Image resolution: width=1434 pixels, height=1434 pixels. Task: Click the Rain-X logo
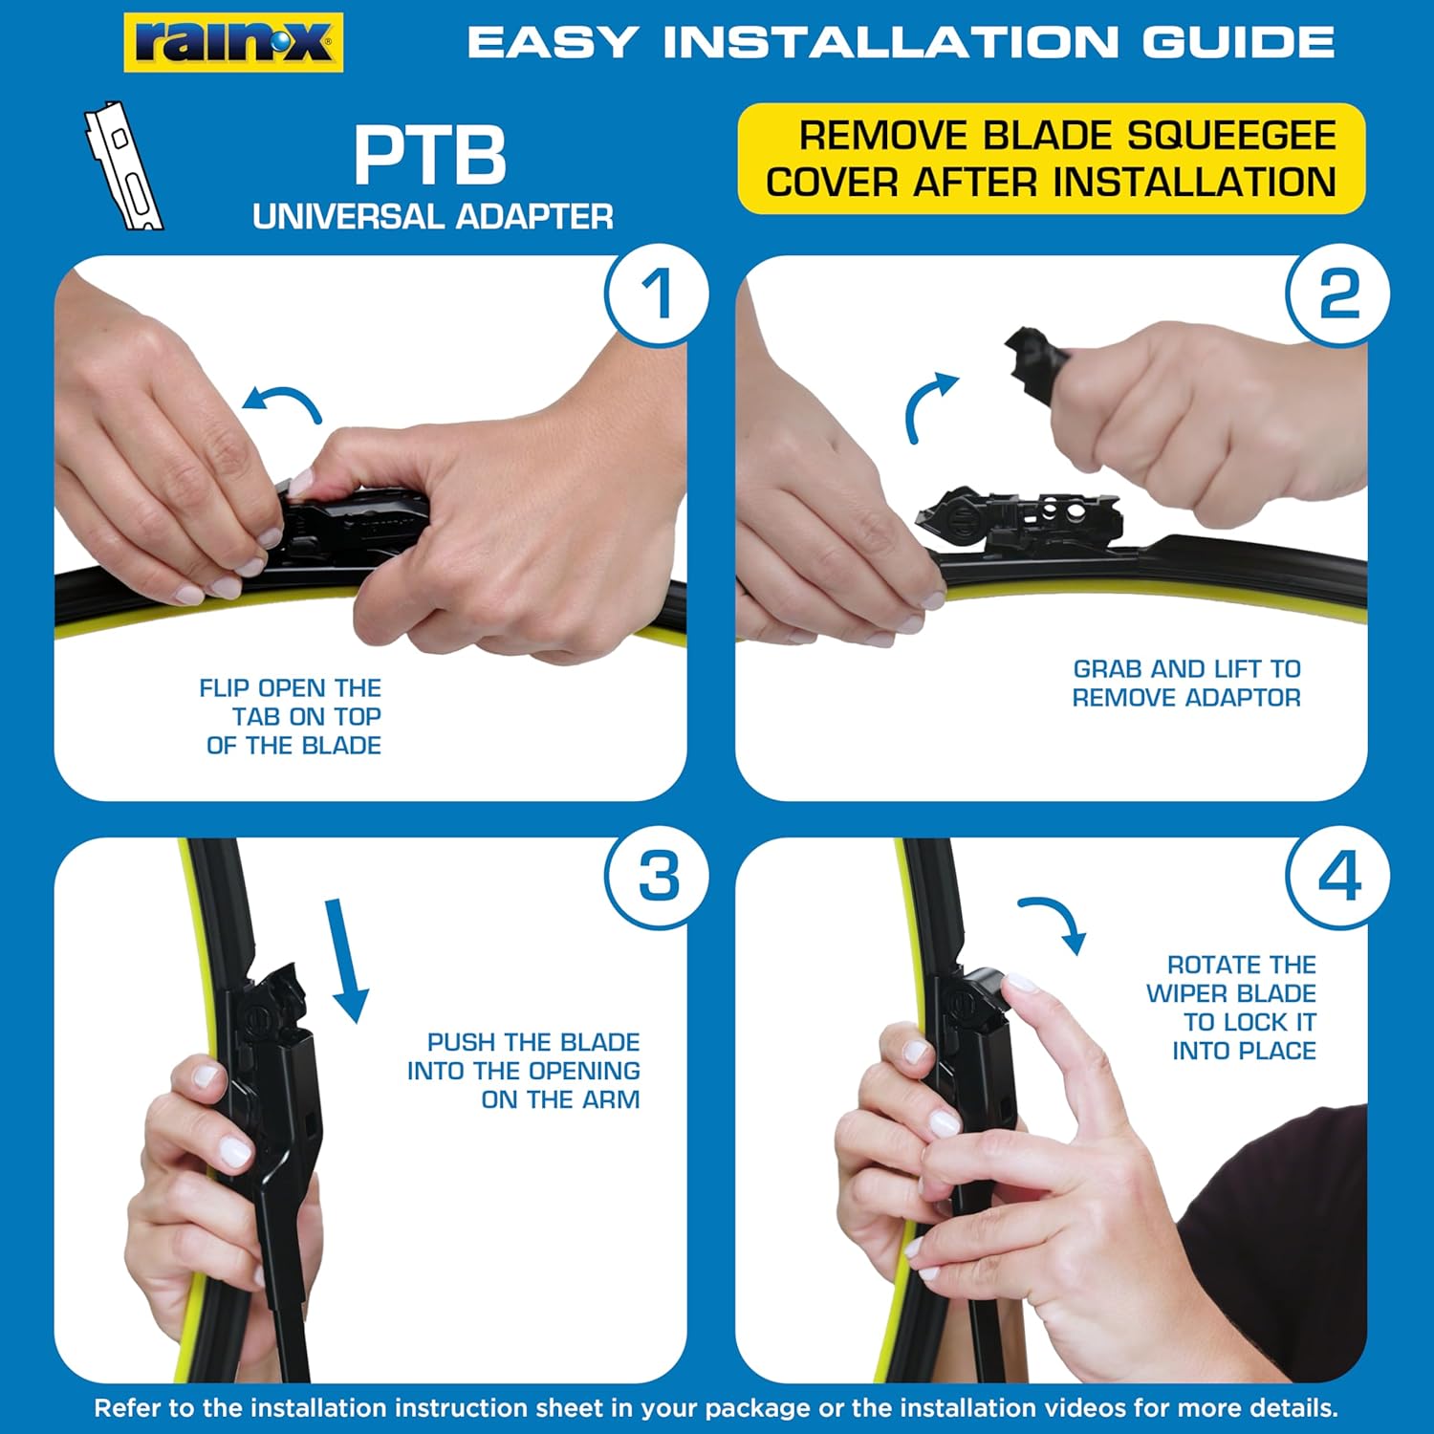click(x=233, y=43)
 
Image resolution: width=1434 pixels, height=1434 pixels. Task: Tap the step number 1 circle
click(x=657, y=294)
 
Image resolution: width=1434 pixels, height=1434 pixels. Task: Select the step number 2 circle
click(x=1338, y=294)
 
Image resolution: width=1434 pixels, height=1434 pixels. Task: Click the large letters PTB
click(x=430, y=156)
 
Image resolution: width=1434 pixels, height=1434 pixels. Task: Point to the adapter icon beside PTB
click(x=123, y=165)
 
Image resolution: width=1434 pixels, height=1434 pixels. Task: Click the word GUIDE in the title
click(x=1238, y=42)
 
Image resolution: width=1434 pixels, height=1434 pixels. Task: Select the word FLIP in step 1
click(x=225, y=688)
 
